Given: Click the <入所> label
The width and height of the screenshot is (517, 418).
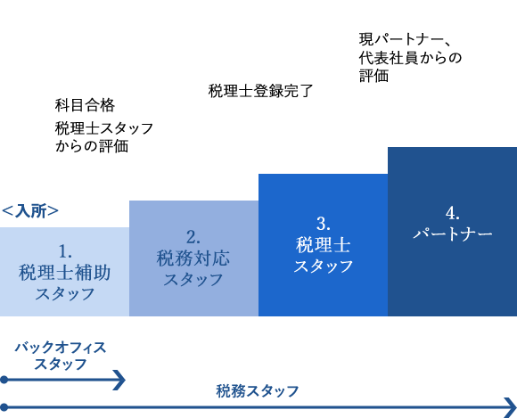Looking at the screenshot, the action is (x=30, y=211).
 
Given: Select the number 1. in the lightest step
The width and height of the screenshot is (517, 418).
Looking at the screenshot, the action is (x=65, y=252).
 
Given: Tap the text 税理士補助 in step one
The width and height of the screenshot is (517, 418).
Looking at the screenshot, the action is (x=64, y=273).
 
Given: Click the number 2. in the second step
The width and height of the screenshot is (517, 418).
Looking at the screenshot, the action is (x=193, y=237).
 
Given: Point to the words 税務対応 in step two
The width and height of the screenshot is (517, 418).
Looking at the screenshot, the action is (x=193, y=258).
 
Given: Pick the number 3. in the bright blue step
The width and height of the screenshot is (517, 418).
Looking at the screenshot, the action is (x=323, y=225).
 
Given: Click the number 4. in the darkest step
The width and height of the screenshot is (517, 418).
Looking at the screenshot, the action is (x=453, y=213).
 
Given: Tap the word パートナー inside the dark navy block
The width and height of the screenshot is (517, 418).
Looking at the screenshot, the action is (x=453, y=234).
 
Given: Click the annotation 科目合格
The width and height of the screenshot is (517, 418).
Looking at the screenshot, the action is (x=85, y=105).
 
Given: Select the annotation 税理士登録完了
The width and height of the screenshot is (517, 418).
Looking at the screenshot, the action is (x=260, y=91).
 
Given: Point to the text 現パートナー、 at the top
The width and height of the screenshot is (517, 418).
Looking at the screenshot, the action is (x=405, y=39).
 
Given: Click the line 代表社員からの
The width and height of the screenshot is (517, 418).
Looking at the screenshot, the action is (x=410, y=58).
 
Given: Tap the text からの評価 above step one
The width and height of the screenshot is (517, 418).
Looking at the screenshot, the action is (x=92, y=146).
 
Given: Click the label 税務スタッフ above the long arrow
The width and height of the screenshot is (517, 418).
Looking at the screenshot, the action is (x=258, y=391).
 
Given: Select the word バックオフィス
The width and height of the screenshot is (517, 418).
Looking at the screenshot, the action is (x=61, y=348).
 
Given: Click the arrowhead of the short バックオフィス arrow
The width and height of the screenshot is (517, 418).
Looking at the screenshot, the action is (x=119, y=380).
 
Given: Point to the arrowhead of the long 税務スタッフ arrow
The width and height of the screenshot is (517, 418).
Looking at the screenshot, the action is (x=511, y=408).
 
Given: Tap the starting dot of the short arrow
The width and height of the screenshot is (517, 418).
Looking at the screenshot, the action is (x=4, y=380).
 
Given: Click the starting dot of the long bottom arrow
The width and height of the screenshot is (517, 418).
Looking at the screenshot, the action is (x=4, y=407).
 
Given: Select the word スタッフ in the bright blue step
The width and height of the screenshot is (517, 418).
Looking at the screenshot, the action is (x=323, y=266).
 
